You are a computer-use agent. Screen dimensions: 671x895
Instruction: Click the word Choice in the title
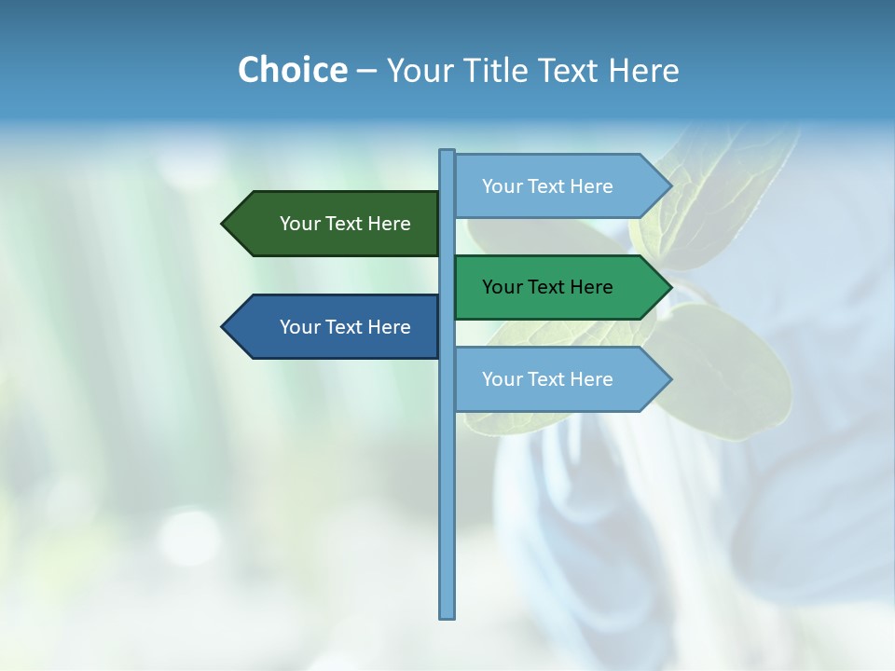(292, 70)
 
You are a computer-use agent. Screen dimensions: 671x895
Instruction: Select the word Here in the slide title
(643, 70)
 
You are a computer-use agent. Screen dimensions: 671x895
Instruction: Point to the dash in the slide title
(366, 71)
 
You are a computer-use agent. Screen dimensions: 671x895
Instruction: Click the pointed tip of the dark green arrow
(225, 224)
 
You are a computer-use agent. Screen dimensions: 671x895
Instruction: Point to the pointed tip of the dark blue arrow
(225, 327)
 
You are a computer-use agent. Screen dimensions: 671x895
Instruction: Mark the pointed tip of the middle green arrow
(668, 287)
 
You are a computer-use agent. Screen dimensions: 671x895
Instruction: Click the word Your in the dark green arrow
(300, 224)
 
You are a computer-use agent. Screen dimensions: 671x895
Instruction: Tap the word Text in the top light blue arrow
(548, 186)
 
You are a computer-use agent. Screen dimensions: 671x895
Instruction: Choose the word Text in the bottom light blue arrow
(548, 379)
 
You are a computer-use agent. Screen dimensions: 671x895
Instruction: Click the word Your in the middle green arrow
(503, 287)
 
